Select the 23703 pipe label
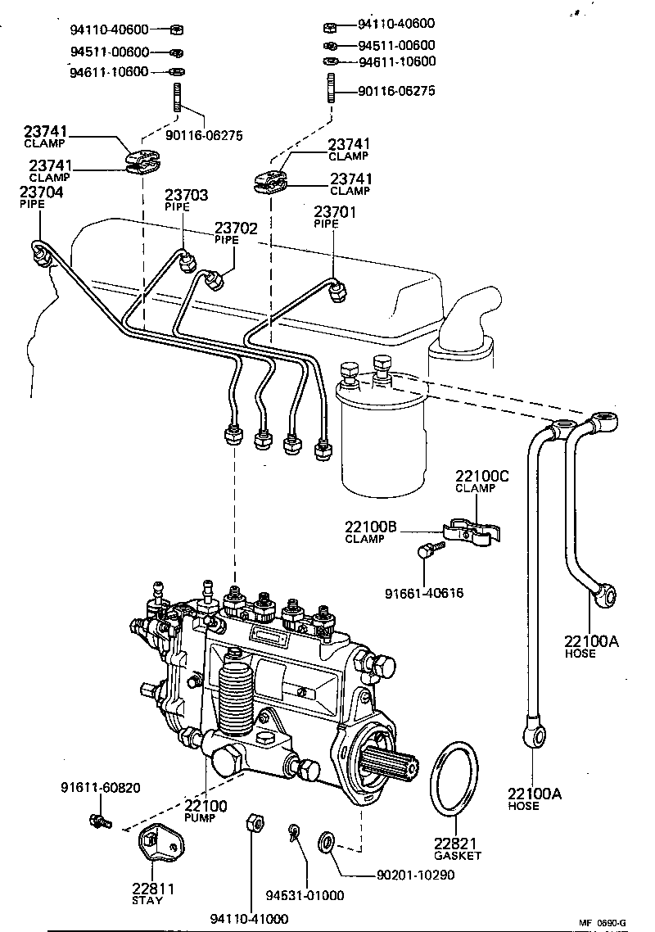coord(186,195)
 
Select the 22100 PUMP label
coord(206,806)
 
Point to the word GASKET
coord(458,855)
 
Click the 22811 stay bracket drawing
coord(156,851)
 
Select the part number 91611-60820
coord(100,788)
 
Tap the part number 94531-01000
coord(305,895)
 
